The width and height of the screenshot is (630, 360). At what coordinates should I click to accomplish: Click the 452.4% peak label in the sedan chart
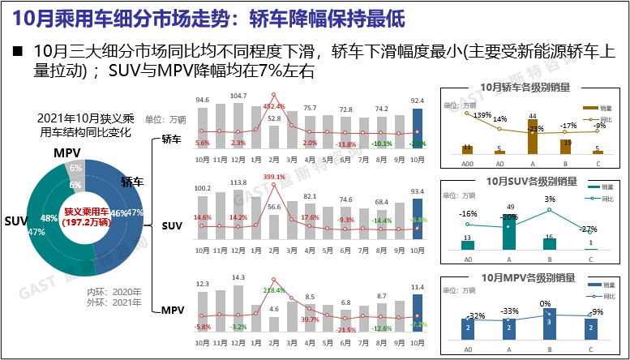[x=275, y=106]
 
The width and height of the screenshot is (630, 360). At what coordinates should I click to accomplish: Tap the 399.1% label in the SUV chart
[x=274, y=177]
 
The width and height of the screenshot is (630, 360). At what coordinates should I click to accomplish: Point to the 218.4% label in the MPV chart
[x=274, y=289]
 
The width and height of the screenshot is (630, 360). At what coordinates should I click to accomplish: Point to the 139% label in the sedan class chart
[x=482, y=115]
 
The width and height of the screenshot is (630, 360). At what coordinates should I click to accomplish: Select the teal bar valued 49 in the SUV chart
[x=508, y=231]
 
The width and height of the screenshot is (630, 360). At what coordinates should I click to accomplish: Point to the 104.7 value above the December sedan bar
[x=238, y=96]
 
